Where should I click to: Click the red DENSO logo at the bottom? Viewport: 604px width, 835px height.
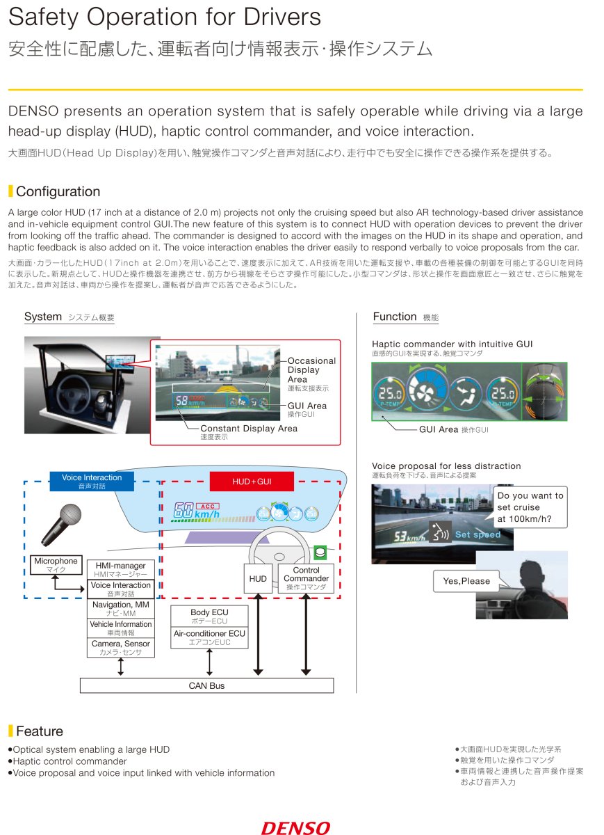click(x=295, y=827)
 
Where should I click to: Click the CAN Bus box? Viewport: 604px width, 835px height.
click(x=206, y=685)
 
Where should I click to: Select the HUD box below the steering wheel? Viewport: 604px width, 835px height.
click(x=258, y=578)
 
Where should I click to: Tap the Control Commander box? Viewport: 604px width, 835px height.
click(x=306, y=578)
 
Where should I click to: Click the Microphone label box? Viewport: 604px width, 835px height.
click(x=56, y=565)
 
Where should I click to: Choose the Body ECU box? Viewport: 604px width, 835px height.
click(x=209, y=616)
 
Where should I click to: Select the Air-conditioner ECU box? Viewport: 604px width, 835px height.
click(x=209, y=637)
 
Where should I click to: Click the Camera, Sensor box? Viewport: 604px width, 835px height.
click(x=121, y=648)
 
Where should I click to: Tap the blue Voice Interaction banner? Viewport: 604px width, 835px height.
click(x=92, y=482)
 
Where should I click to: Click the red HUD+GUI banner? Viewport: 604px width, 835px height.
click(x=252, y=482)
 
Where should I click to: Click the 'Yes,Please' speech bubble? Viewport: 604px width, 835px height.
click(x=466, y=581)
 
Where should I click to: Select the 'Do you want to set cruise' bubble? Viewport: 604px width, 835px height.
click(x=530, y=507)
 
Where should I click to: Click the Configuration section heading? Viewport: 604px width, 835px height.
click(x=58, y=191)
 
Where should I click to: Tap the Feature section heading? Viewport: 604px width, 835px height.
click(x=39, y=731)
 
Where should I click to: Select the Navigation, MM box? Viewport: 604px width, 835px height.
click(x=121, y=609)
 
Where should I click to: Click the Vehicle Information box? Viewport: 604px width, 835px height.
click(x=121, y=628)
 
